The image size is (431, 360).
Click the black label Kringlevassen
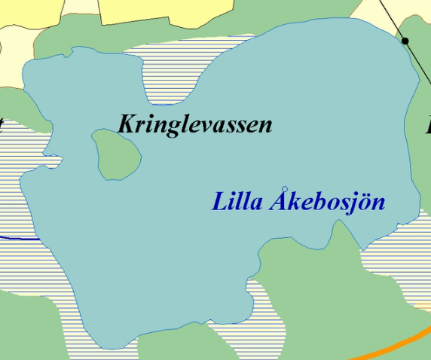tap(194, 124)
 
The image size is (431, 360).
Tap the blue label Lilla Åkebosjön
tap(298, 202)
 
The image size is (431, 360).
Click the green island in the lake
tap(117, 154)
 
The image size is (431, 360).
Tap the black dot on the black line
tap(405, 41)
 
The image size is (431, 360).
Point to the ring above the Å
tap(284, 188)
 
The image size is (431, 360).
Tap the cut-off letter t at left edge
tap(2, 124)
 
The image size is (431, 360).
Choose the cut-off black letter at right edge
tap(427, 124)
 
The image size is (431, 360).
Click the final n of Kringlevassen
tap(264, 126)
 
